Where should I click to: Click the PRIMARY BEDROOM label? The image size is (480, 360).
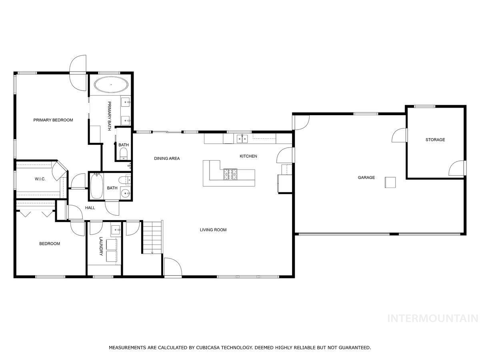(x=53, y=120)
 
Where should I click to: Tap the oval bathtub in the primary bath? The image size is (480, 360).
(x=112, y=85)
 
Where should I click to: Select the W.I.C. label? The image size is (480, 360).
(x=40, y=179)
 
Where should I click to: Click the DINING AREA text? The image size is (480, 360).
(x=167, y=158)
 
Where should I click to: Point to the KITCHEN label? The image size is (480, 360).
(x=248, y=156)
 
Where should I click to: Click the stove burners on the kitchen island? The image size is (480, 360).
(x=230, y=174)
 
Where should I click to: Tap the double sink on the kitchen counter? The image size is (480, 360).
(x=242, y=139)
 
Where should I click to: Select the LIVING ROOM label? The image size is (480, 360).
(x=213, y=230)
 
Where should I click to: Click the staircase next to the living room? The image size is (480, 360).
(x=152, y=237)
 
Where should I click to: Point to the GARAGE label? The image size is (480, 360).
(x=366, y=177)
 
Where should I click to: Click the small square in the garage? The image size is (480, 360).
(x=390, y=182)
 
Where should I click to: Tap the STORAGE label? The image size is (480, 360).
(x=435, y=140)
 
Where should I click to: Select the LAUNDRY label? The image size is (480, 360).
(x=101, y=246)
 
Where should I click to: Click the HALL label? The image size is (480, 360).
(x=90, y=208)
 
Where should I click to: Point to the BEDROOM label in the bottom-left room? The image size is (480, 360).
(x=50, y=244)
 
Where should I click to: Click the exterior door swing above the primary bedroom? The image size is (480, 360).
(x=78, y=72)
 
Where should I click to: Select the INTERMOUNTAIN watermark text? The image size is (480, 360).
(x=433, y=318)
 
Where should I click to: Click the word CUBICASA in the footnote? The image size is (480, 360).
(x=210, y=348)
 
